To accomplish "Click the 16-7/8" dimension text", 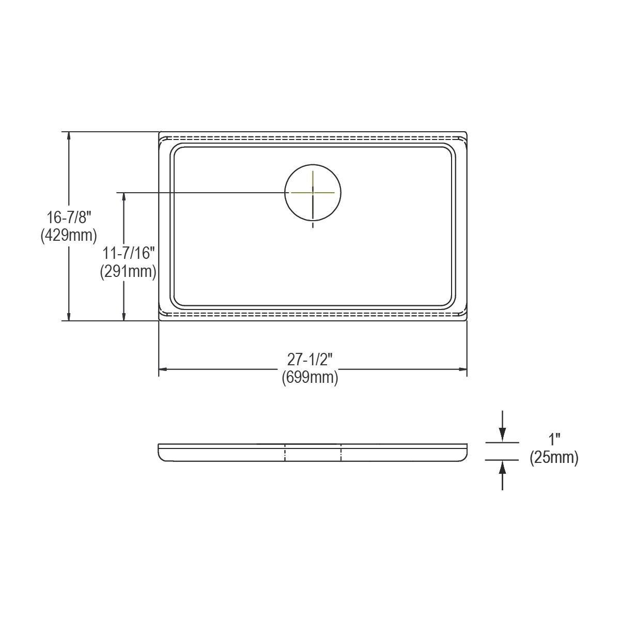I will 69,218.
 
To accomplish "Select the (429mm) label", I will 69,236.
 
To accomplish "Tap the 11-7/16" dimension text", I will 129,253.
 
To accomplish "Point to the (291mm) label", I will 128,271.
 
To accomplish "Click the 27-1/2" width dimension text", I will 310,360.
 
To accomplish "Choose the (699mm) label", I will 310,378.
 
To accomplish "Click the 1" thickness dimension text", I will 554,440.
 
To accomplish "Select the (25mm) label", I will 554,458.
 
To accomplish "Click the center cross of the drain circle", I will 313,192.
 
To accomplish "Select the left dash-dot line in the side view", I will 285,452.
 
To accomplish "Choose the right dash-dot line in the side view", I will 341,452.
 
